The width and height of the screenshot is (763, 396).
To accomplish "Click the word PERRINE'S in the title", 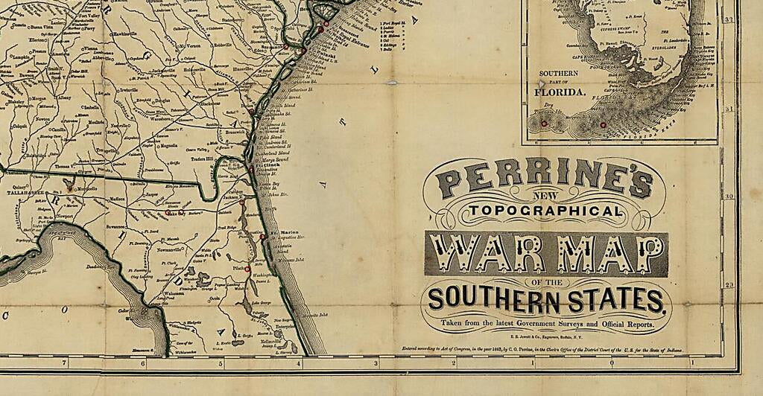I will tap(544, 180).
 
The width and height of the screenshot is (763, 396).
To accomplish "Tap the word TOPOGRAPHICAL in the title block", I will tap(545, 212).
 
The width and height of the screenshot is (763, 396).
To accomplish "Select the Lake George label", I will tap(261, 304).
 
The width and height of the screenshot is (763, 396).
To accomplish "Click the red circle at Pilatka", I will tap(247, 269).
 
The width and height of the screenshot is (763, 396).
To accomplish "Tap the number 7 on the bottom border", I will tap(65, 363).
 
